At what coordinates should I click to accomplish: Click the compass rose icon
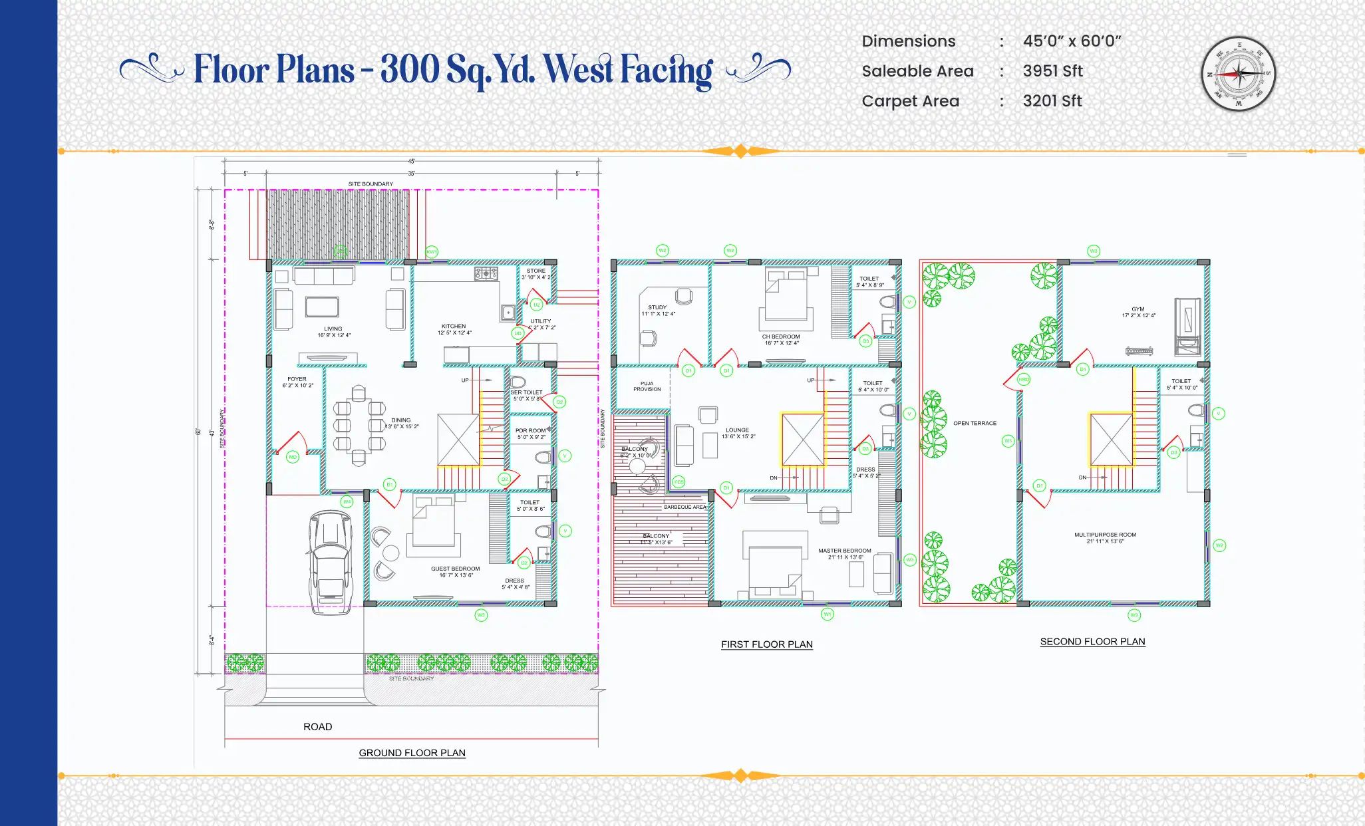pyautogui.click(x=1238, y=74)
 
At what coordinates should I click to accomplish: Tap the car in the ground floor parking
pyautogui.click(x=330, y=562)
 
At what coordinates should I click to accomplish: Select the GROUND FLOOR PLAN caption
pyautogui.click(x=412, y=753)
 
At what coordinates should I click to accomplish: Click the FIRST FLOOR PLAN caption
pyautogui.click(x=766, y=644)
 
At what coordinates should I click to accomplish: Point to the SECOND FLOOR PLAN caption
pyautogui.click(x=1092, y=642)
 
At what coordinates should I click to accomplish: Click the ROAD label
pyautogui.click(x=317, y=727)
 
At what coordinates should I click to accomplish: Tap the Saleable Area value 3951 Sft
pyautogui.click(x=1052, y=71)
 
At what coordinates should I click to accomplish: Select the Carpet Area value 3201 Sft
pyautogui.click(x=1052, y=101)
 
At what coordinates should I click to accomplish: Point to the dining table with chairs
pyautogui.click(x=359, y=426)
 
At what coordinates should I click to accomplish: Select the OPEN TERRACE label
pyautogui.click(x=975, y=423)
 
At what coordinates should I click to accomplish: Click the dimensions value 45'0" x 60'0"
pyautogui.click(x=1072, y=41)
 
